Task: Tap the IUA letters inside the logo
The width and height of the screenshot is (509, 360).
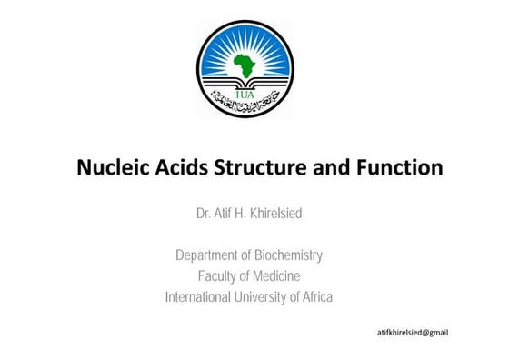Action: tap(245, 91)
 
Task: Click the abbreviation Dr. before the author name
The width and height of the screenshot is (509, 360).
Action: tap(205, 214)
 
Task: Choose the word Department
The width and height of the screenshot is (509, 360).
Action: tap(209, 255)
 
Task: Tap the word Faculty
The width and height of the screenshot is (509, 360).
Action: tap(219, 276)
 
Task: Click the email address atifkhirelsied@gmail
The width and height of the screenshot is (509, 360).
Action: tap(413, 333)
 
